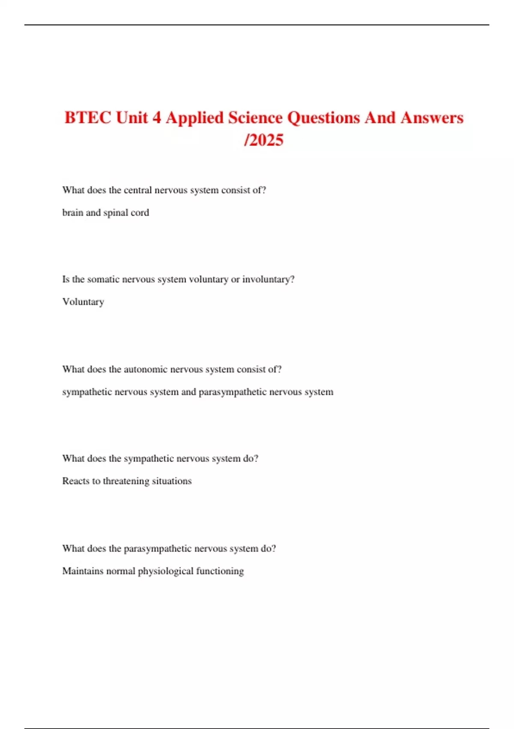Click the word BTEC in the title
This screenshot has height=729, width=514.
88,117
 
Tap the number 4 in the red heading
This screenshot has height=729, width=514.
157,117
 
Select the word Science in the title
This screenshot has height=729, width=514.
255,117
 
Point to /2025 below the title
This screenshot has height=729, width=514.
263,140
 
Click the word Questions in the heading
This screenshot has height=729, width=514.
323,117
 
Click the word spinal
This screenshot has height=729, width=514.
115,213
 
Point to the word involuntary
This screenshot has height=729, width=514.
268,280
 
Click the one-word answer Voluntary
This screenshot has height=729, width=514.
83,302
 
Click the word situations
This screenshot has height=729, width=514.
171,481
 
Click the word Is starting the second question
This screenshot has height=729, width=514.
66,279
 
